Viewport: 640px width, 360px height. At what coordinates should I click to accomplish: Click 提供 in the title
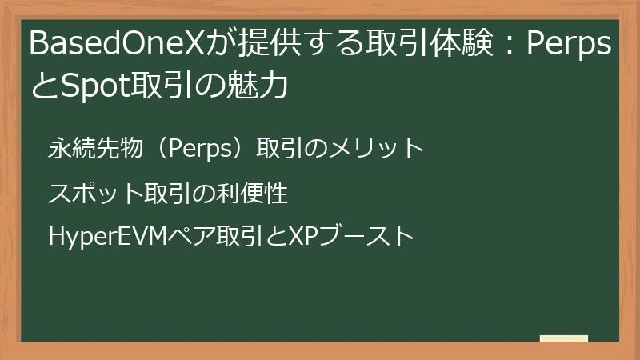point(261,46)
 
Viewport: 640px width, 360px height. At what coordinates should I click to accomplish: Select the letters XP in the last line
point(303,237)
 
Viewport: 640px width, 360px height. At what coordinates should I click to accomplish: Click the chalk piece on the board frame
point(564,338)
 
